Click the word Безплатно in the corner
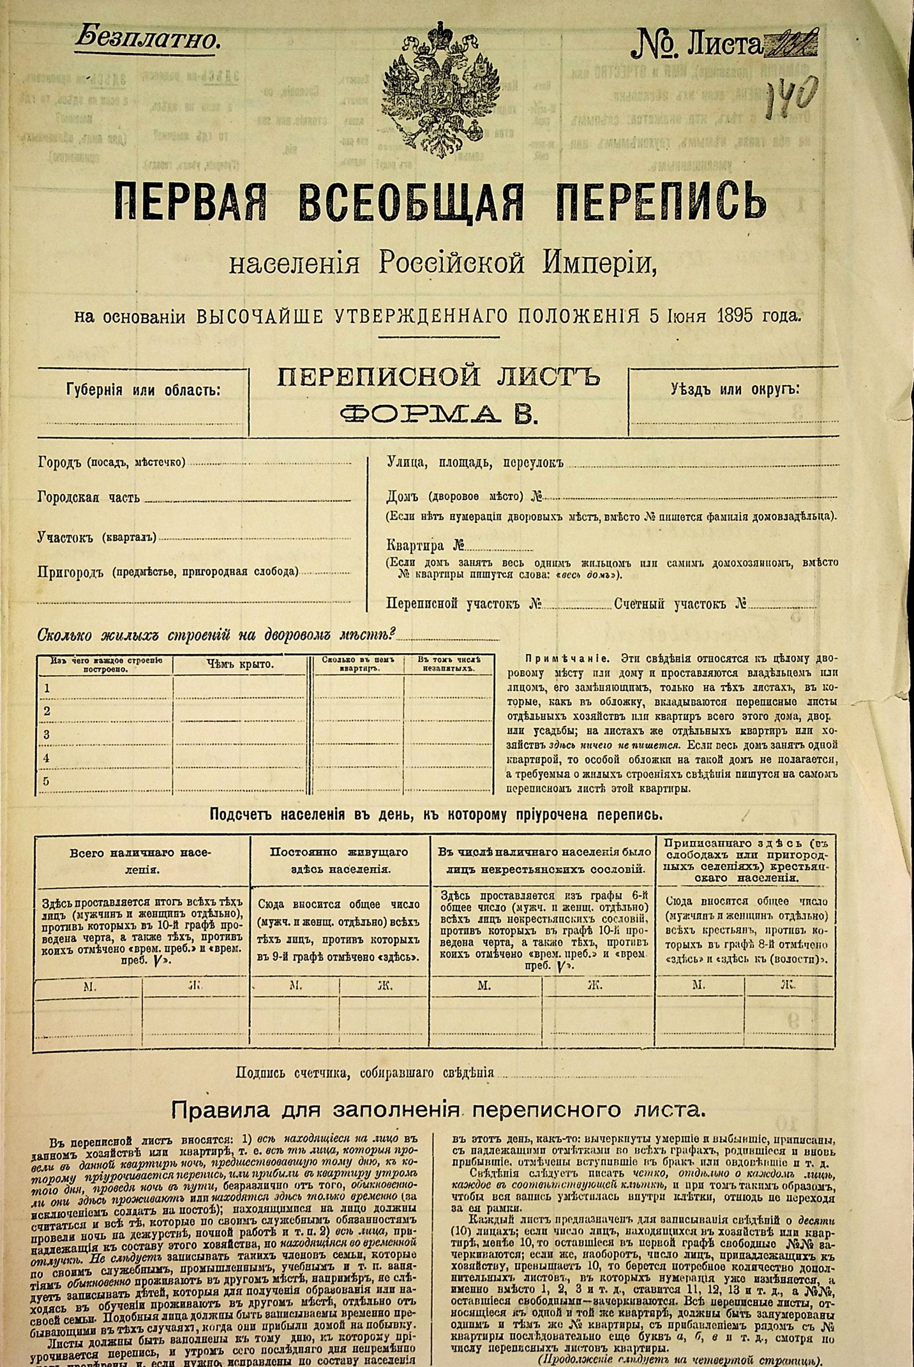point(148,40)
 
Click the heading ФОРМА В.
point(439,415)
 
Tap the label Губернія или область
point(143,389)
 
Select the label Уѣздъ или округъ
point(735,389)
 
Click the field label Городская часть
point(89,498)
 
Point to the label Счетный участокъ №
point(680,604)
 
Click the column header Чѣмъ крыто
point(240,665)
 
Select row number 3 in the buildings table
point(46,735)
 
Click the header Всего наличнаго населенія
point(141,860)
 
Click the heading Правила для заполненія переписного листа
point(438,1110)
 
